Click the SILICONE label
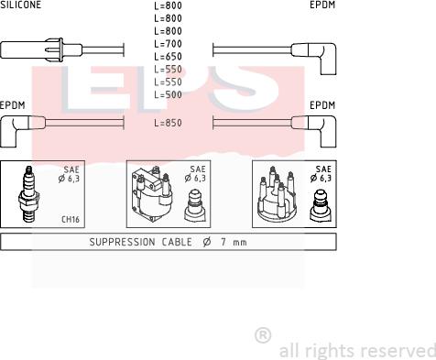(x=20, y=5)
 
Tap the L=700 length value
(x=168, y=44)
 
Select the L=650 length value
(x=168, y=57)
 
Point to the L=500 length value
(x=168, y=94)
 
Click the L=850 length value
(x=168, y=123)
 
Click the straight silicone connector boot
(x=41, y=49)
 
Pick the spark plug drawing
(x=28, y=194)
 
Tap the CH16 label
(x=71, y=219)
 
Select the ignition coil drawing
(x=152, y=194)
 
